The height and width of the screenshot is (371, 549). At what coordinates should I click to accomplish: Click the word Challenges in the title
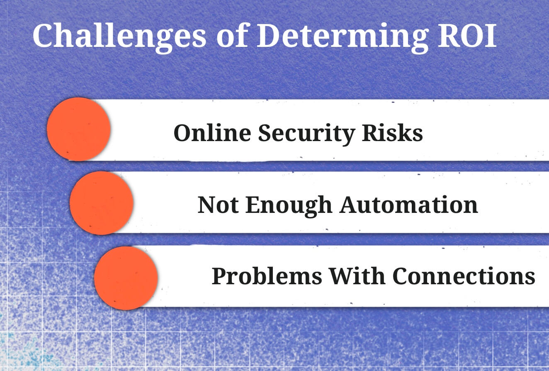coord(119,37)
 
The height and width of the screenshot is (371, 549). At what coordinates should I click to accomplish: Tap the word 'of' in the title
coord(232,35)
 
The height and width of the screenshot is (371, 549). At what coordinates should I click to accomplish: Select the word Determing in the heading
coord(343,38)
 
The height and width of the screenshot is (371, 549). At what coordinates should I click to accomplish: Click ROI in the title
coord(467,36)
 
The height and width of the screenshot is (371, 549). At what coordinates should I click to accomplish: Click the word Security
coord(306,134)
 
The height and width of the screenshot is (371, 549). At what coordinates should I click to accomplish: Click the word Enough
coord(289,206)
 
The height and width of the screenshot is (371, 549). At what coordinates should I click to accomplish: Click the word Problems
coord(267,276)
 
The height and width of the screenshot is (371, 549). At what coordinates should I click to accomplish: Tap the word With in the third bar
coord(357,276)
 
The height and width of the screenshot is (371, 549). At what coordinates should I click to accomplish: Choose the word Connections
coord(464,276)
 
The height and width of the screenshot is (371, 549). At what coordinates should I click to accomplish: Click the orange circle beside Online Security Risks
coord(79,129)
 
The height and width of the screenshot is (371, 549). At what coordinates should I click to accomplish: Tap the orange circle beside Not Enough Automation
coord(102,203)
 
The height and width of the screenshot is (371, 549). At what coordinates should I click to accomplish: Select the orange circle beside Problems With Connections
coord(126,278)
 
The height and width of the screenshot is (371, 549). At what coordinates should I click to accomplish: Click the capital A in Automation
coord(350,205)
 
